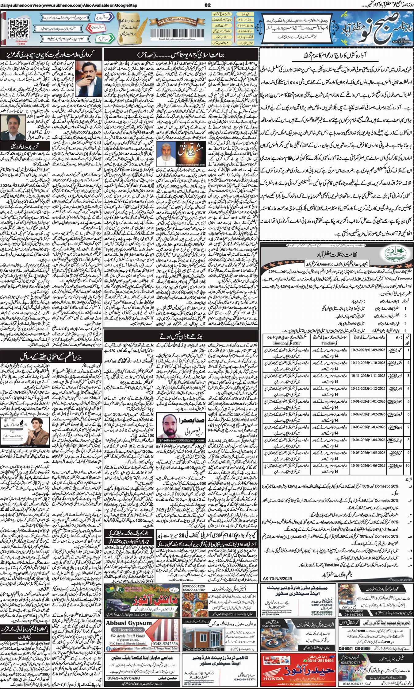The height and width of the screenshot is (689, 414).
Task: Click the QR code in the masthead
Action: point(15,25)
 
